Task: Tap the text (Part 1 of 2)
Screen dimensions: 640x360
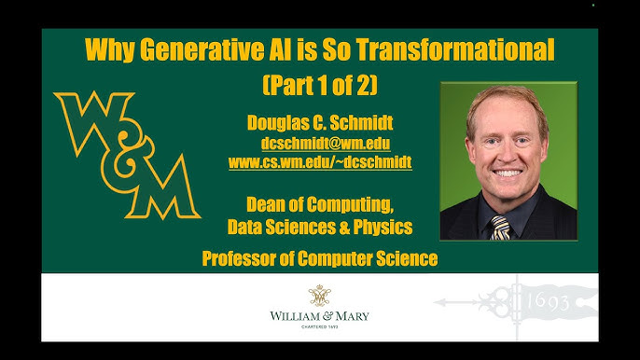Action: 320,85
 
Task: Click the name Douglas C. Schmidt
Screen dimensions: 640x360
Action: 320,122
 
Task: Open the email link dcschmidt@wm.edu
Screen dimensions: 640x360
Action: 326,144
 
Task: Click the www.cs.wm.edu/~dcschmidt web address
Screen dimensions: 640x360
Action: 320,162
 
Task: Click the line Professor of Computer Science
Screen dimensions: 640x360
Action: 320,258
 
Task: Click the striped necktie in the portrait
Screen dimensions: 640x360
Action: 500,228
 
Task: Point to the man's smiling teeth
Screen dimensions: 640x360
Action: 508,173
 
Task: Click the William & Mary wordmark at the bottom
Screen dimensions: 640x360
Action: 320,316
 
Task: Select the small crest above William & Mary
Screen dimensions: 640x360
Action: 320,296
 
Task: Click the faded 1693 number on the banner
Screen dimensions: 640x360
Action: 548,302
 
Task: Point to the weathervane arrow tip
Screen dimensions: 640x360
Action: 436,302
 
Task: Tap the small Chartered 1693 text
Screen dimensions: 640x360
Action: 320,327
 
